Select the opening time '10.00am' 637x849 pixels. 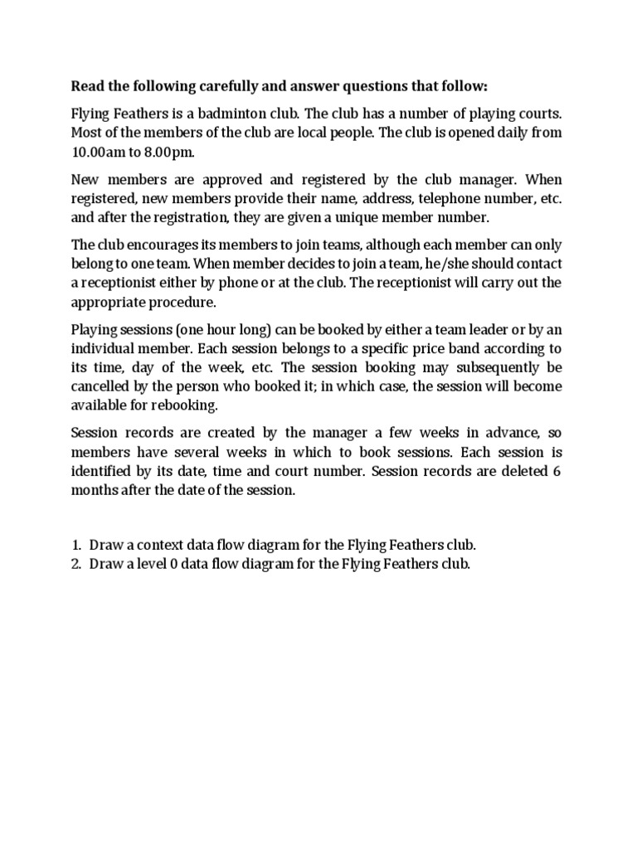(x=99, y=153)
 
